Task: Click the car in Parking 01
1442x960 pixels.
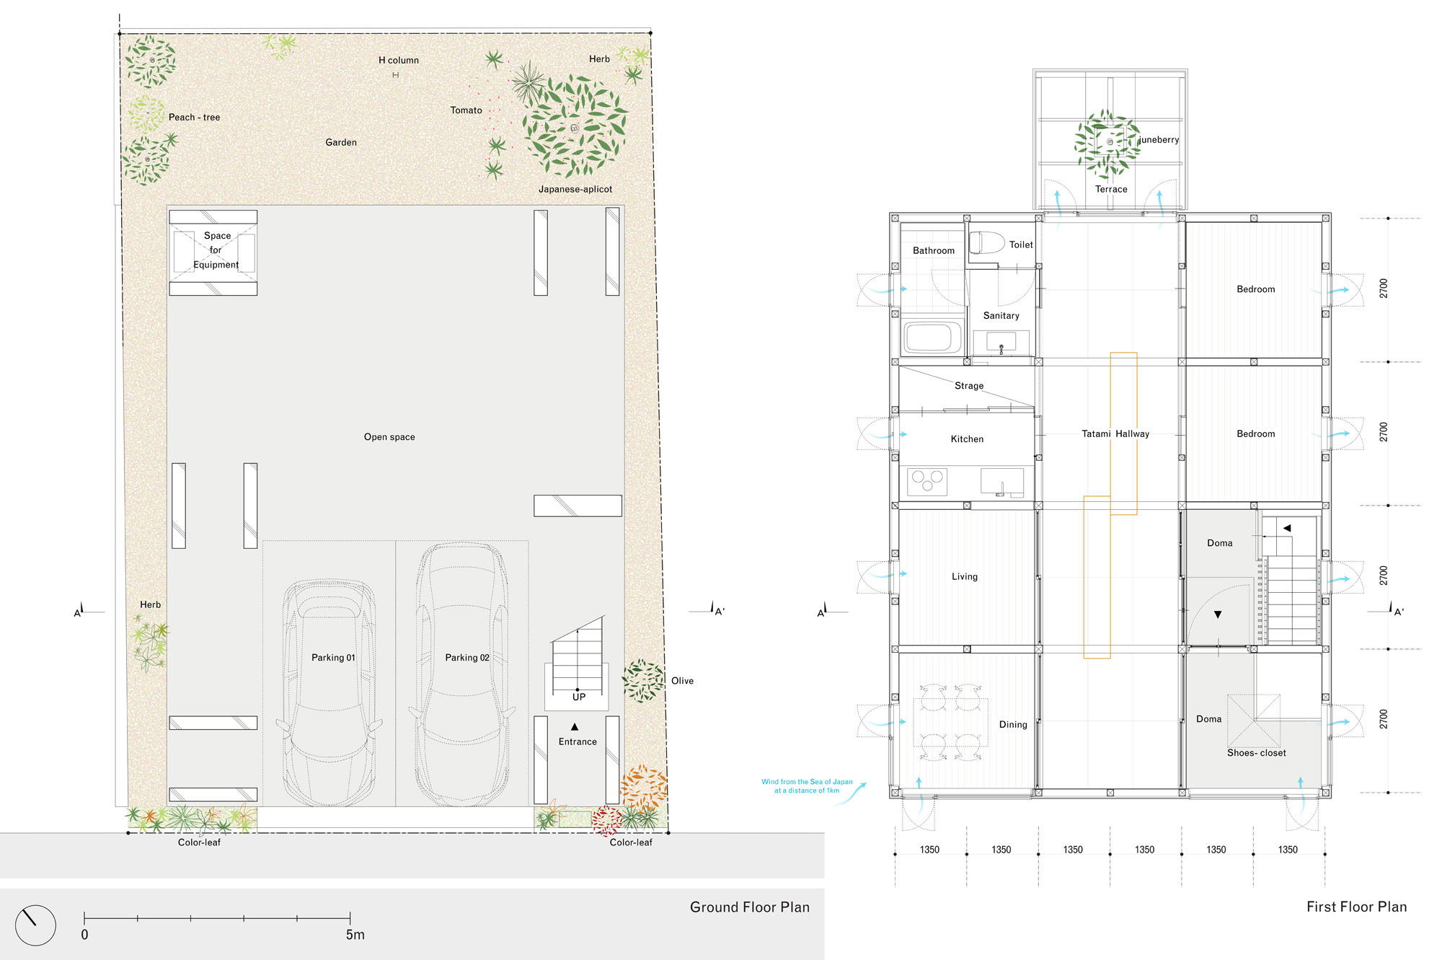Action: [330, 692]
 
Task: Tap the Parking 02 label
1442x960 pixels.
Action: [466, 658]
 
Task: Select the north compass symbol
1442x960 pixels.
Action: [35, 925]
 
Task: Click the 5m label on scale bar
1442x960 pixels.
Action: [355, 935]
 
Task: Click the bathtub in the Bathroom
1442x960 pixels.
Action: [933, 337]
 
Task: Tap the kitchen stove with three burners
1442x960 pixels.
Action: [927, 481]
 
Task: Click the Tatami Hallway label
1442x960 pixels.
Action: [1115, 434]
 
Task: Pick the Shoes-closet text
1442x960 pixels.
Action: [1256, 753]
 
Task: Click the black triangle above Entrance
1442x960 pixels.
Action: [575, 726]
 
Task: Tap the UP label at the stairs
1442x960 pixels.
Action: [579, 697]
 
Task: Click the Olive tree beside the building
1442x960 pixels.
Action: [642, 680]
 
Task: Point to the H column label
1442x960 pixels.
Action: [398, 61]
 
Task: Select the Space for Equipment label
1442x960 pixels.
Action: [216, 250]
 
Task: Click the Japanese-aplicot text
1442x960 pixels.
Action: [575, 190]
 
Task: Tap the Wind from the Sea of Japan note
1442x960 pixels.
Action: [807, 786]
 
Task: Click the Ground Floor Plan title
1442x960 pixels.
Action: [749, 907]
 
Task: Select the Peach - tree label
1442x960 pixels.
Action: [194, 118]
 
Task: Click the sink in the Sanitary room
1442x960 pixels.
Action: [1001, 342]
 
